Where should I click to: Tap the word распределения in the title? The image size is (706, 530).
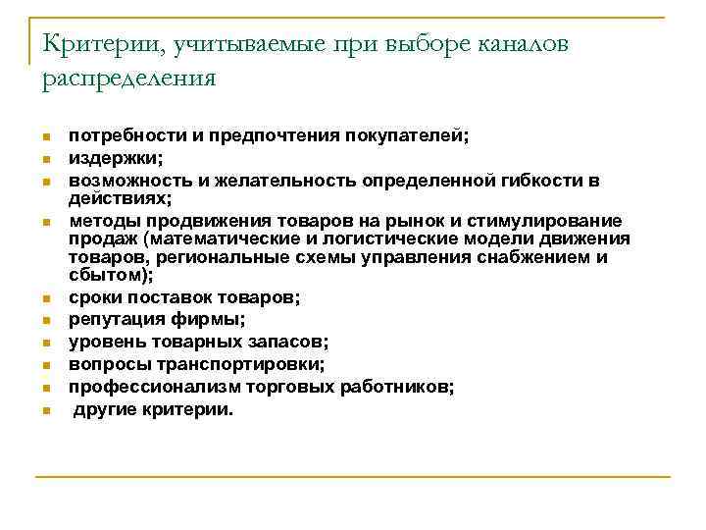pos(127,78)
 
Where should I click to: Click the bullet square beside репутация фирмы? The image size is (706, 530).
pos(45,320)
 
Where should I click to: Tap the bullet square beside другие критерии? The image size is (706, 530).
pos(45,410)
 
